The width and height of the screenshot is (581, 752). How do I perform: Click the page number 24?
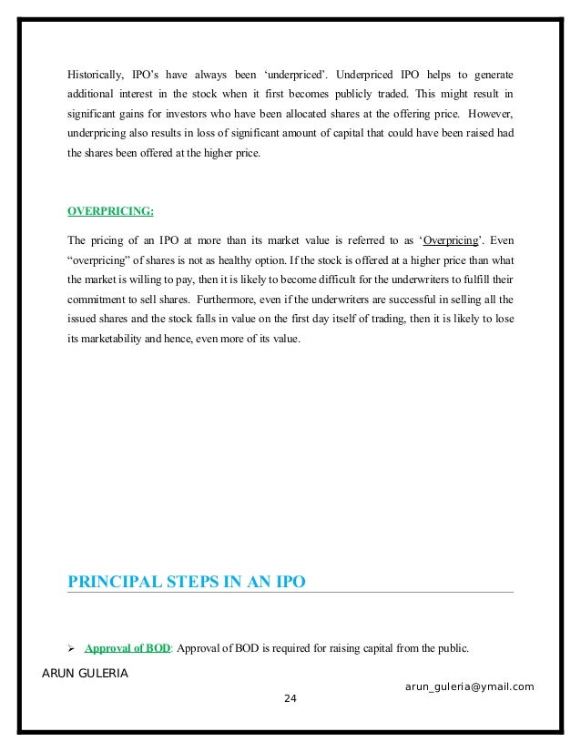click(x=290, y=698)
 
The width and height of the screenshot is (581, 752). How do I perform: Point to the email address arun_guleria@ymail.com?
click(x=469, y=686)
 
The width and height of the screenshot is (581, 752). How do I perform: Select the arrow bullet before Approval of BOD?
click(x=73, y=649)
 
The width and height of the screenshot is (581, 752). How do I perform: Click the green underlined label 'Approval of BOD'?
click(x=127, y=649)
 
